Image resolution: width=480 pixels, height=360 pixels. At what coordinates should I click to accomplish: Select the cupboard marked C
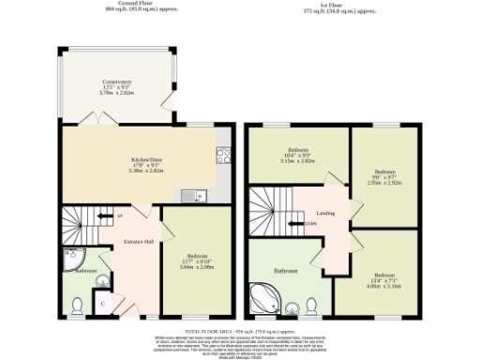pyautogui.click(x=102, y=304)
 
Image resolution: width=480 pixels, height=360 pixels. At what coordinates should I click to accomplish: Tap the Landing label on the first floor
pyautogui.click(x=326, y=213)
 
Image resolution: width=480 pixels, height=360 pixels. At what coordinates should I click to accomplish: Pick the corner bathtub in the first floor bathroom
pyautogui.click(x=264, y=300)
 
